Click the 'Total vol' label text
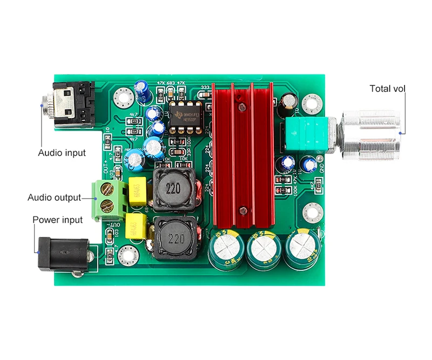tap(387, 89)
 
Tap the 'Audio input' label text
tap(62, 153)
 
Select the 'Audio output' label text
tap(54, 198)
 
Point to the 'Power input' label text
tap(58, 220)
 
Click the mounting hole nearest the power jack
tap(127, 252)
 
